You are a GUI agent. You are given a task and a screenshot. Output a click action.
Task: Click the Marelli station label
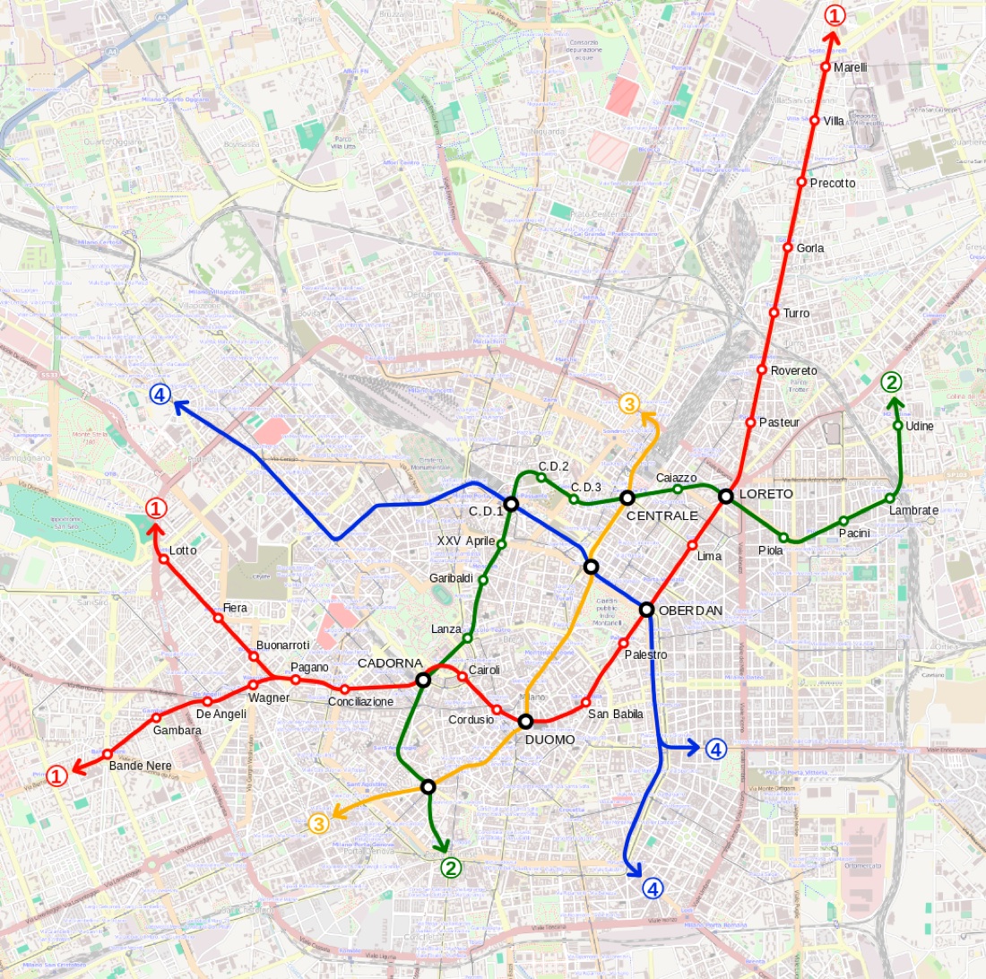[x=850, y=67]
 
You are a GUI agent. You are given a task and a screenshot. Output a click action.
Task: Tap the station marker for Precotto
[x=802, y=182]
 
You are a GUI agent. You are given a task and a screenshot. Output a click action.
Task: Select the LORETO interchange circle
[x=726, y=496]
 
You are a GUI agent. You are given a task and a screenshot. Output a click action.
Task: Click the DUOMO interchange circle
[x=525, y=721]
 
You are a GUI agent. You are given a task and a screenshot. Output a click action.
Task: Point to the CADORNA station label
[x=390, y=663]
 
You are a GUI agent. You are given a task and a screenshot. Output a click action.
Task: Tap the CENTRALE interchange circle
[x=627, y=498]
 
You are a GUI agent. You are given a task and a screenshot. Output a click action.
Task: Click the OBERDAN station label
[x=690, y=611]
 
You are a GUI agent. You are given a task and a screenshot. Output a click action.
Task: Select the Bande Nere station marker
[x=108, y=754]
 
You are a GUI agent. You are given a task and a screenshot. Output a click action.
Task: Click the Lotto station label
[x=182, y=550]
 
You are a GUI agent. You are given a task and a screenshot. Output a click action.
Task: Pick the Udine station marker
[x=898, y=426]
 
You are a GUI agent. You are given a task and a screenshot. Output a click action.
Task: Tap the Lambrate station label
[x=913, y=511]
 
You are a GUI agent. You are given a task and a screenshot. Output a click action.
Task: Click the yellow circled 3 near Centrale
[x=629, y=404]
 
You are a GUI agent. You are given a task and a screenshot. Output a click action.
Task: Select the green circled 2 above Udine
[x=891, y=383]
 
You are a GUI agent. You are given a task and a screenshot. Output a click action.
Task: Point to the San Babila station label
[x=616, y=715]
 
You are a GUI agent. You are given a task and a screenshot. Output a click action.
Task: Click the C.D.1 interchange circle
[x=511, y=504]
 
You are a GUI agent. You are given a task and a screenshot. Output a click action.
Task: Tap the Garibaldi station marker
[x=483, y=580]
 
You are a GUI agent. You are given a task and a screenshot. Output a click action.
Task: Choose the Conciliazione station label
[x=360, y=701]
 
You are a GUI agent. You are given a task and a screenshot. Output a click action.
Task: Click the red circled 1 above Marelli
[x=834, y=15]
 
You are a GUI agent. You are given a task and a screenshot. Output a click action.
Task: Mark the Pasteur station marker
[x=750, y=422]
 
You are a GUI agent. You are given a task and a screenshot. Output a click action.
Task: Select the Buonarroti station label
[x=282, y=645]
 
